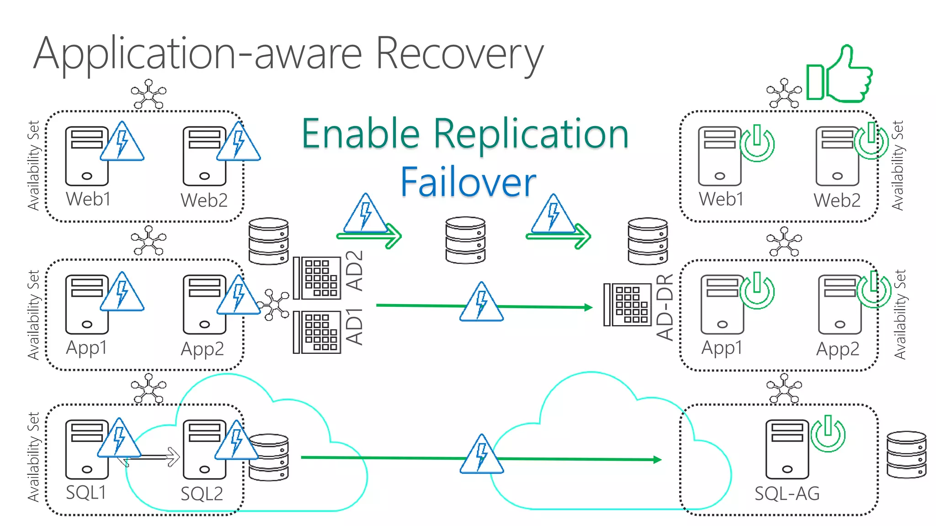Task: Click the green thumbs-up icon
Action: [840, 75]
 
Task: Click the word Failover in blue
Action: [468, 182]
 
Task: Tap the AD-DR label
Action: [665, 307]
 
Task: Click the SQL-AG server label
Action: [787, 494]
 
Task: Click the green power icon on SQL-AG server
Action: [828, 433]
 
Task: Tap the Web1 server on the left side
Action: [86, 156]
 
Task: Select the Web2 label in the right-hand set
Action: [837, 200]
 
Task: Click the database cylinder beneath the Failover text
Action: [465, 240]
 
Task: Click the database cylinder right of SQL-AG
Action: [906, 454]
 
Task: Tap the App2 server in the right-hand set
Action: [840, 304]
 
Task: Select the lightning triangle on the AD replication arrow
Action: [481, 303]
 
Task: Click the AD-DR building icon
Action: [628, 305]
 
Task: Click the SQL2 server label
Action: [202, 494]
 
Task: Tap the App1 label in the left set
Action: [86, 347]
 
